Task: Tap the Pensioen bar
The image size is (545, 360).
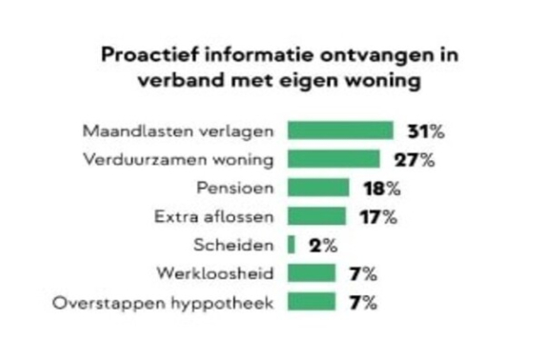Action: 318,188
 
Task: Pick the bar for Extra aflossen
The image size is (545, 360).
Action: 316,216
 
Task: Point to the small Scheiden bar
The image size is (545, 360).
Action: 291,245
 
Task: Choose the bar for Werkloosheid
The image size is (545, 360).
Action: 312,273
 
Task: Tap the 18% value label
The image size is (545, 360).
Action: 380,188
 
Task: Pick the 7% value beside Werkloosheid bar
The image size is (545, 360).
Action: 362,273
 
